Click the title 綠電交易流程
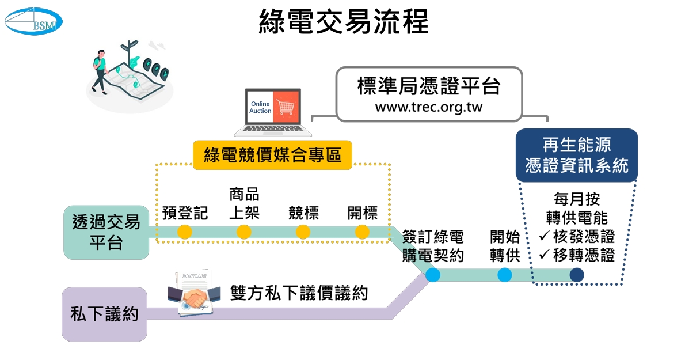tap(344, 22)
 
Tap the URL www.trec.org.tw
tap(429, 107)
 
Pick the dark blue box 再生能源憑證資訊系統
tap(577, 154)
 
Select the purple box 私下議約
tap(104, 314)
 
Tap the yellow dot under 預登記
tap(185, 232)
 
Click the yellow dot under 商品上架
tap(244, 232)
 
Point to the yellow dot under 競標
tap(303, 232)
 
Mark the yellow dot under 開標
tap(362, 232)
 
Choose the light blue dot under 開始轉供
tap(505, 275)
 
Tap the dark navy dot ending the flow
tap(576, 275)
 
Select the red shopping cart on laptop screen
tap(286, 107)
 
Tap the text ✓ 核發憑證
tap(577, 237)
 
